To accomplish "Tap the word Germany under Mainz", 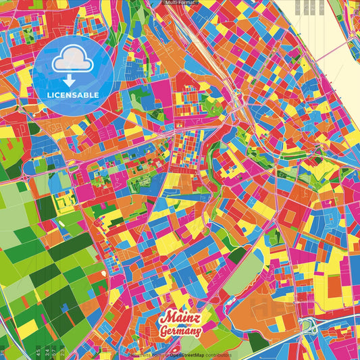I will pos(180,332).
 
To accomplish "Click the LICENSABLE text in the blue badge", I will pos(73,95).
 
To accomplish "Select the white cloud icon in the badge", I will pos(73,62).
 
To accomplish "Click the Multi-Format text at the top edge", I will pos(180,3).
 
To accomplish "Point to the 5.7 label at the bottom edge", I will pos(53,352).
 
